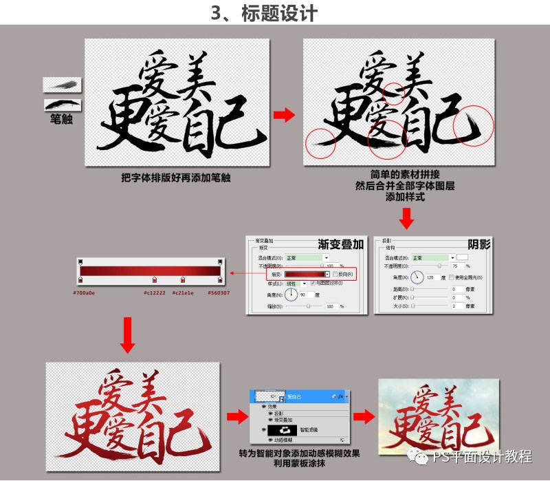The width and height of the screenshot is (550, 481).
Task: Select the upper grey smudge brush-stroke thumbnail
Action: [x=63, y=85]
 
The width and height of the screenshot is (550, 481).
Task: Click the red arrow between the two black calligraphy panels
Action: [x=283, y=115]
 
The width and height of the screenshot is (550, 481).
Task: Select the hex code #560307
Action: [x=219, y=292]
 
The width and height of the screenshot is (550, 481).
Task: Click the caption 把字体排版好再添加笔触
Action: [x=175, y=178]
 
